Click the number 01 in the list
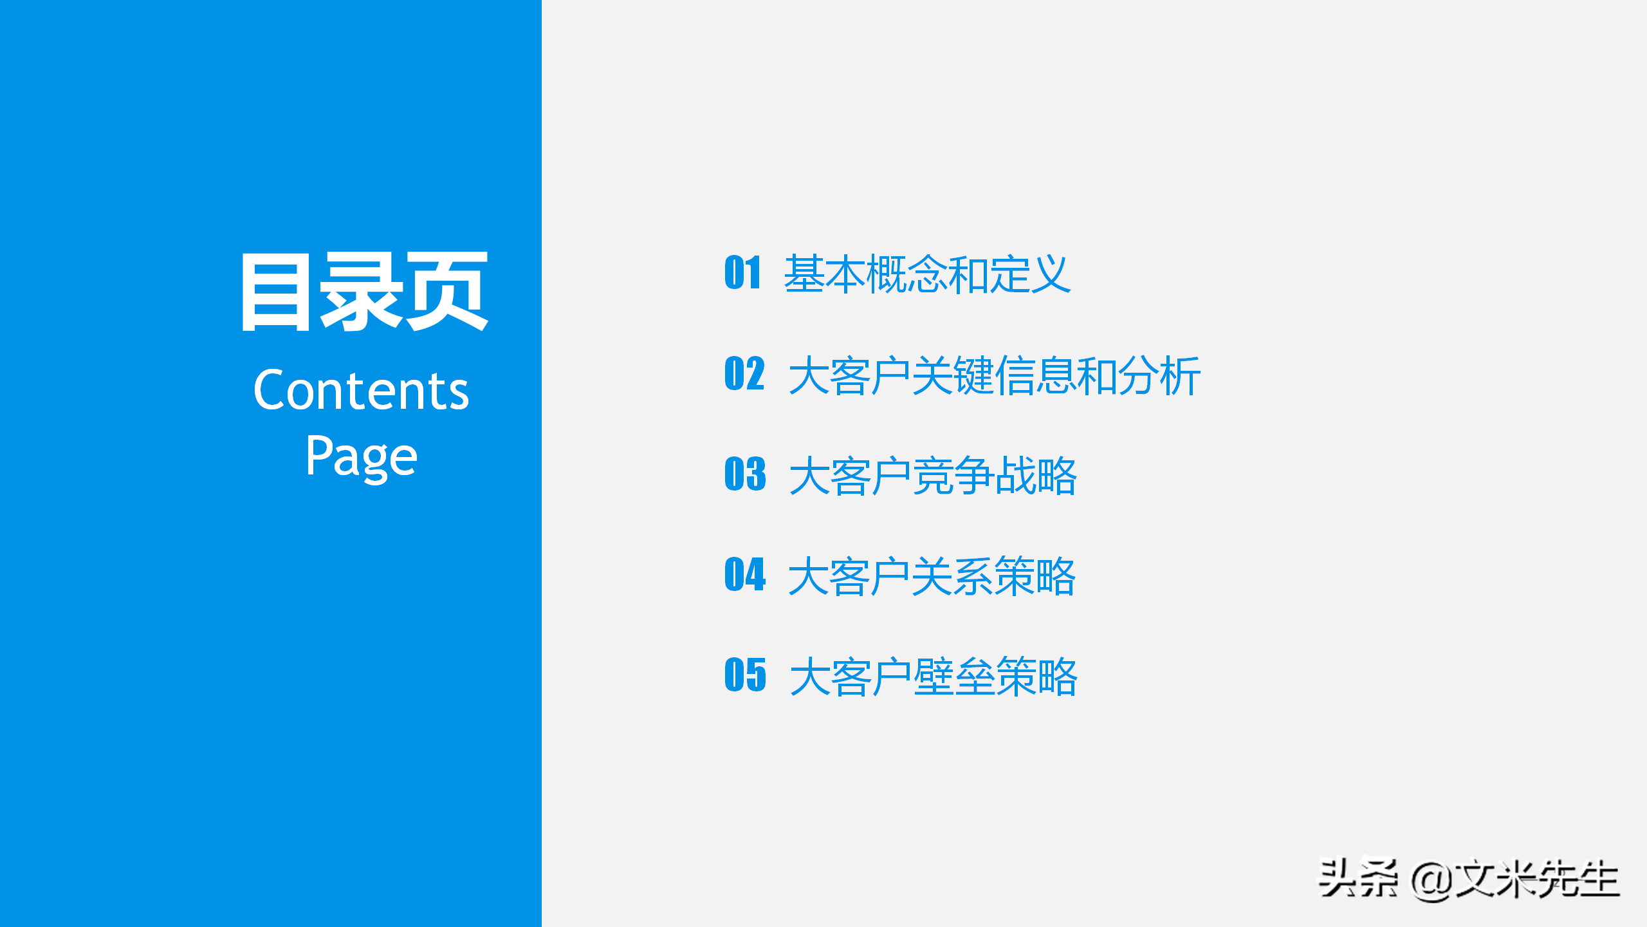click(743, 272)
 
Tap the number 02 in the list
click(744, 373)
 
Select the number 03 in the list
click(745, 474)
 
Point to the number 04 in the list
click(745, 574)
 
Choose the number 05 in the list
click(745, 675)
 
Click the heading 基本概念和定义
click(927, 274)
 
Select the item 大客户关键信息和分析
click(994, 375)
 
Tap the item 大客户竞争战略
click(933, 476)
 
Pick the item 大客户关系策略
click(932, 576)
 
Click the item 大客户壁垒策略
click(933, 677)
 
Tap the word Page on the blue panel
click(361, 456)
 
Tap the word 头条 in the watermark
click(1357, 879)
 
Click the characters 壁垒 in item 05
click(953, 677)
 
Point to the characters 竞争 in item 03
click(953, 476)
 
